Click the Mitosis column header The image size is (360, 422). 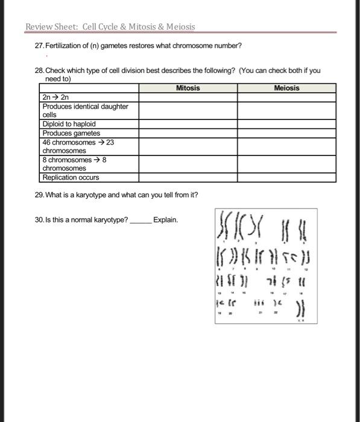[x=188, y=88]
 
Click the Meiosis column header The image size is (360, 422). [x=286, y=88]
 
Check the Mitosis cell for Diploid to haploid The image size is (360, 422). [x=188, y=124]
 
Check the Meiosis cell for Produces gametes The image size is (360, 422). [x=286, y=133]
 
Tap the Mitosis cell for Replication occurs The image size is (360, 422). [x=188, y=178]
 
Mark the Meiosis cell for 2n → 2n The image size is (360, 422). [x=286, y=96]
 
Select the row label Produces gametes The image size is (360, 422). [x=71, y=133]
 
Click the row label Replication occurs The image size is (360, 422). [x=71, y=178]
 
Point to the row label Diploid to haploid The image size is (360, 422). [x=69, y=124]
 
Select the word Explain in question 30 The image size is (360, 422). [x=165, y=220]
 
